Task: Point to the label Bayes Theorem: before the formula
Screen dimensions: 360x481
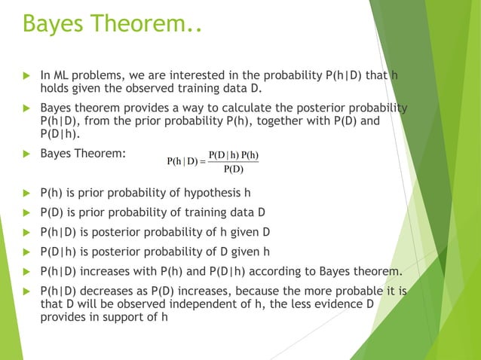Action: (83, 154)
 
